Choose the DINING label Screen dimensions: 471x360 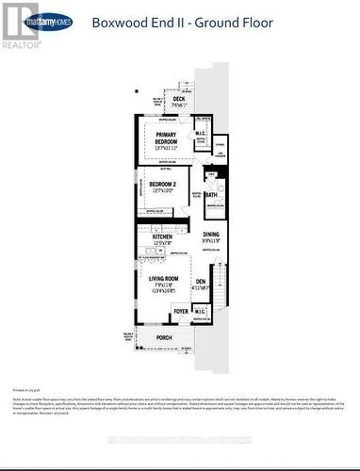[x=210, y=235]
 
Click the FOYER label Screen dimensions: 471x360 [x=181, y=312]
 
